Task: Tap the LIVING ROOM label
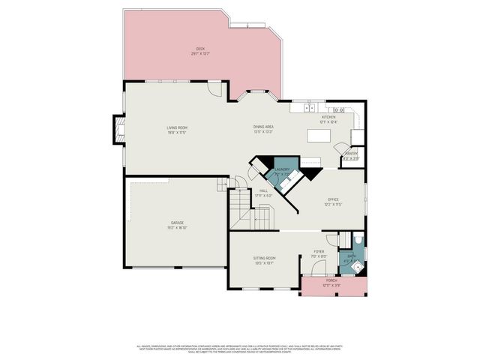coord(177,129)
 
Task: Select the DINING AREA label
coord(262,128)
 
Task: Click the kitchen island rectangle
coord(319,136)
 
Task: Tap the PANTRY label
coord(351,155)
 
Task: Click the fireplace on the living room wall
coord(118,130)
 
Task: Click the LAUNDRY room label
coord(282,171)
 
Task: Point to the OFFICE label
coord(333,201)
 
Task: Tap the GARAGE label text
coord(177,224)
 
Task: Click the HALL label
coord(264,192)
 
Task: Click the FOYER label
coord(319,254)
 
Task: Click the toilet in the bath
coord(357,241)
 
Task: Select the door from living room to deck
coord(216,89)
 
